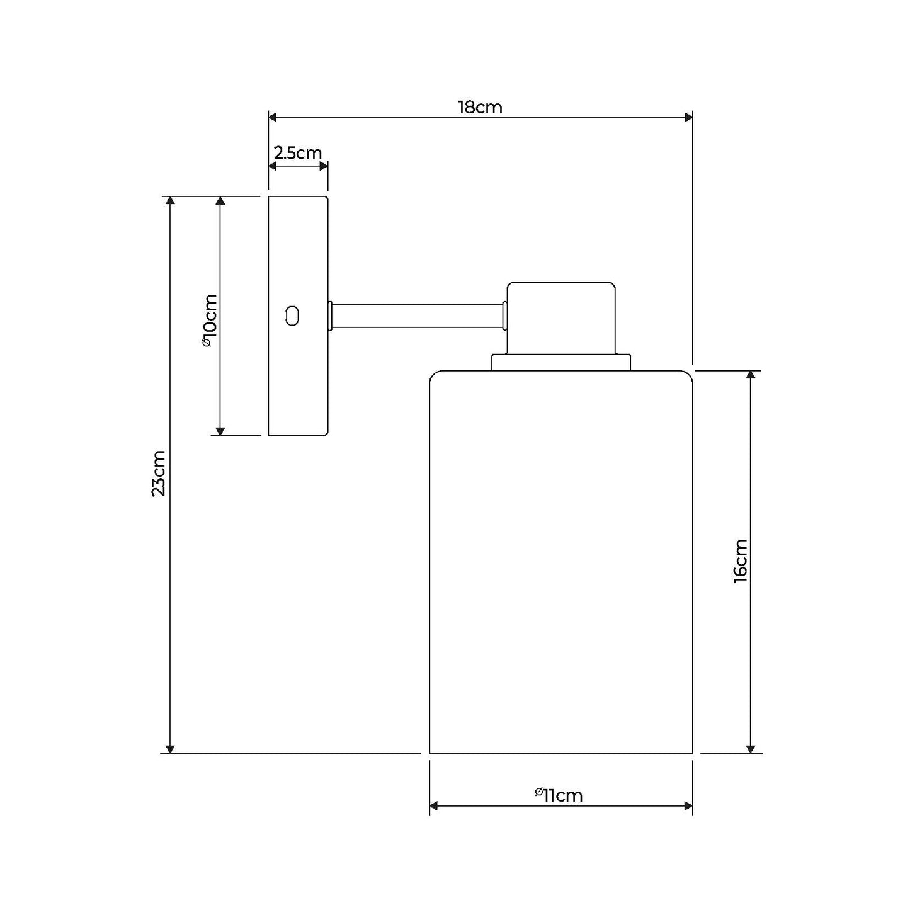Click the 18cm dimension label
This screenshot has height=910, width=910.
480,107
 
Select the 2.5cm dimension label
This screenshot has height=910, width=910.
298,153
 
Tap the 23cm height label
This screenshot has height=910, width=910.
159,473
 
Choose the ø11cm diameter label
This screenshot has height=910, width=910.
559,795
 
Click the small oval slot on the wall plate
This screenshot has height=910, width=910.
292,316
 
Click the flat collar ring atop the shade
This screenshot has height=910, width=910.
561,363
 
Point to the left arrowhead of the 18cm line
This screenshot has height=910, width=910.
273,117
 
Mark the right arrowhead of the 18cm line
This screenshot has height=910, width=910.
688,117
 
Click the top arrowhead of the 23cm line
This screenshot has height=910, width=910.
169,201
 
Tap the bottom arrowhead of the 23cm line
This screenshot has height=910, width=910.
169,748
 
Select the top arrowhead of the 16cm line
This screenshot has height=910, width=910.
750,375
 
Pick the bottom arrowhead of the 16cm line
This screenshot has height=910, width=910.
750,748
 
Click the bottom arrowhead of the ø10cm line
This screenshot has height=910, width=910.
220,431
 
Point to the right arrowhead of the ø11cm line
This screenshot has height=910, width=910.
688,806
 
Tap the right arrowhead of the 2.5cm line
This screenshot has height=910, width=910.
324,166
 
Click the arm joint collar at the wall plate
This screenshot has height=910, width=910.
329,316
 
